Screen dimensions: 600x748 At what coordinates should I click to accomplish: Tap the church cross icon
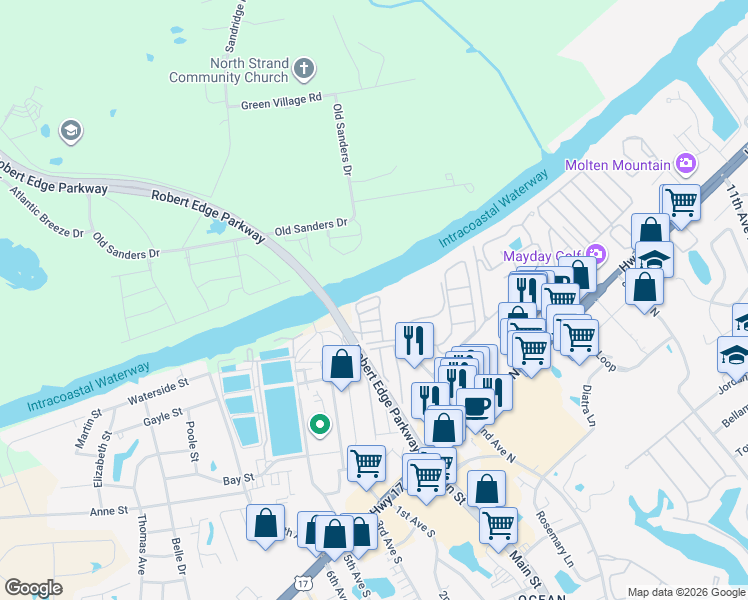tap(305, 70)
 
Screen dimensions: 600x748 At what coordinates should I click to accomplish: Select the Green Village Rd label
tap(281, 100)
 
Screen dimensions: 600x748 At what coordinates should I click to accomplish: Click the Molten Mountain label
tap(617, 165)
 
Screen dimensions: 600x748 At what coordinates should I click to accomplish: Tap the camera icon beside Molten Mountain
tap(686, 163)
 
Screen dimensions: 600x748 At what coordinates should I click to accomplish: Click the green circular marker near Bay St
tap(320, 425)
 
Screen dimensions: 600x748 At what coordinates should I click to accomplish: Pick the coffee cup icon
tap(476, 406)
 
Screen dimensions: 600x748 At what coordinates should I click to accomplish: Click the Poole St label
tap(190, 441)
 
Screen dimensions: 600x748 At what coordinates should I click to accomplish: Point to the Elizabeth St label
tap(98, 465)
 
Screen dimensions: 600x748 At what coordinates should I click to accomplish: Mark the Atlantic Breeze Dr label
tap(47, 209)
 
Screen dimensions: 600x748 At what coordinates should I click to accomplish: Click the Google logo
tap(33, 588)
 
